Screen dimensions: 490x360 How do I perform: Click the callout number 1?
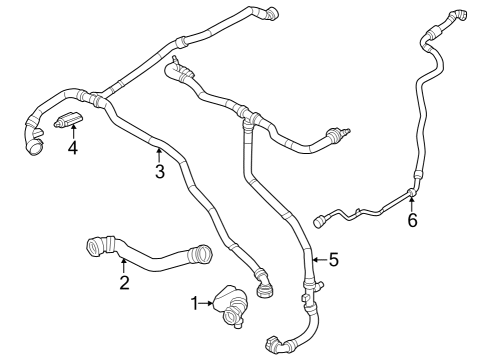coord(196,301)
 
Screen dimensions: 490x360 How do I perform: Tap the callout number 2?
coord(124,283)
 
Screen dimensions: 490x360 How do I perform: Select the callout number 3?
coord(159,171)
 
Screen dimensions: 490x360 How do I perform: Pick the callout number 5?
coord(333,260)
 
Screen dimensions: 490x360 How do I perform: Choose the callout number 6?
coord(412,220)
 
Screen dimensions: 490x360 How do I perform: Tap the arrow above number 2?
coord(123,265)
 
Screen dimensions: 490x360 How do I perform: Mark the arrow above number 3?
coord(158,153)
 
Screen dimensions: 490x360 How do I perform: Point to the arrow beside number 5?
coord(316,260)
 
